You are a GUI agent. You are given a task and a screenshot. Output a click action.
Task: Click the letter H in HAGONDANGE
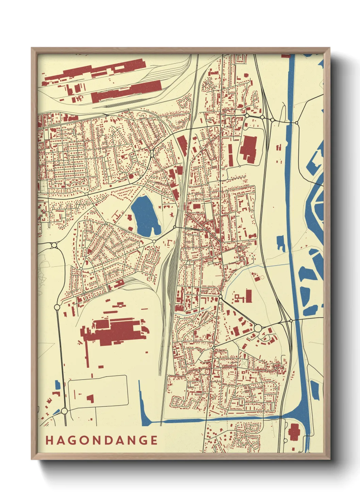point(49,440)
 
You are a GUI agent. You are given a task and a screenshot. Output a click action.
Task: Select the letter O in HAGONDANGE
point(83,440)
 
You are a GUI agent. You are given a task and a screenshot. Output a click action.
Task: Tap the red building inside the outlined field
point(90,398)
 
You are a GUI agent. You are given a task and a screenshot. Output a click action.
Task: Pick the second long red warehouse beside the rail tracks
point(126,90)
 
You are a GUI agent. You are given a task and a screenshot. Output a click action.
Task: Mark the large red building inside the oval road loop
point(248,148)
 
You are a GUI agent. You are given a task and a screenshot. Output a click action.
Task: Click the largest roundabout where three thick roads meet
point(258,328)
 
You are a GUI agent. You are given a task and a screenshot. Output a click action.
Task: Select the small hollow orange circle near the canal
point(262,278)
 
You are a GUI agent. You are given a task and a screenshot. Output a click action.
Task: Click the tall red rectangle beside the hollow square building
point(248,296)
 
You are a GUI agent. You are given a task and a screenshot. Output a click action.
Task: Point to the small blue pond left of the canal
point(281,243)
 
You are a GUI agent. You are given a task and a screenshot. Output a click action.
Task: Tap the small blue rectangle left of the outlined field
point(58,385)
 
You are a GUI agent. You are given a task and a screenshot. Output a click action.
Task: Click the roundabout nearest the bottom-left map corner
point(65,412)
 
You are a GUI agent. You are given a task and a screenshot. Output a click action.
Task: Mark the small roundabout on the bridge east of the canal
point(296,122)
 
